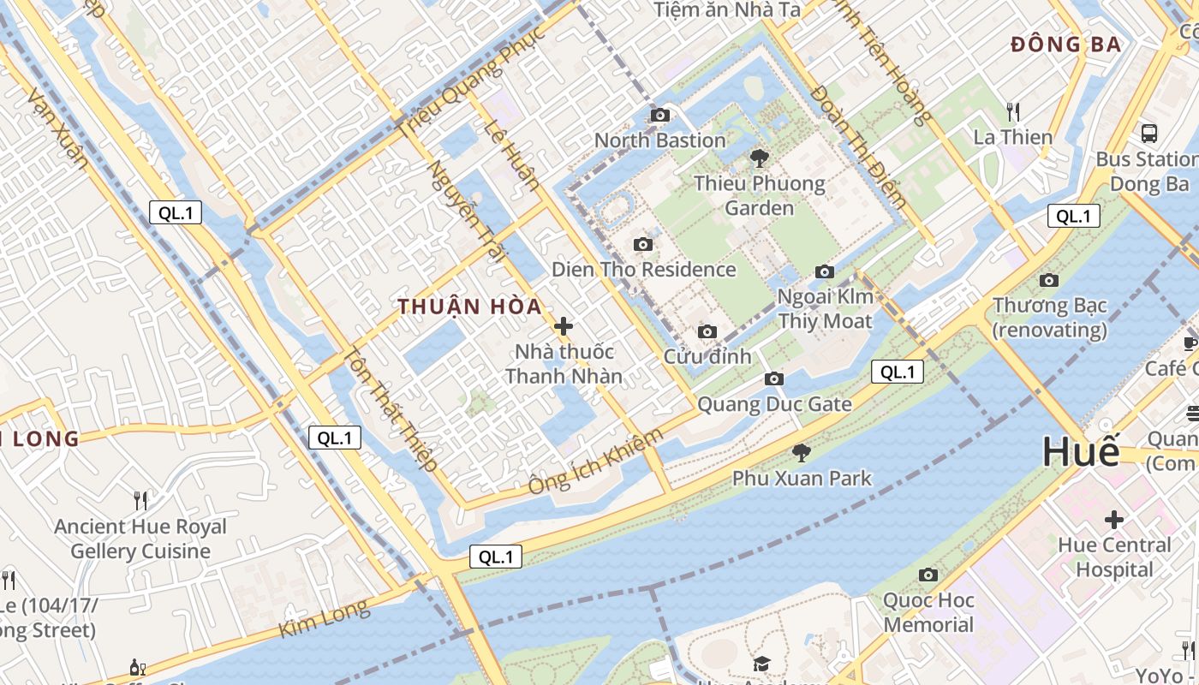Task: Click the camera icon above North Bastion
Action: tap(659, 115)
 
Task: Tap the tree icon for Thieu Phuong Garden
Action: tap(759, 158)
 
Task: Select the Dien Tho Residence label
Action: tap(643, 270)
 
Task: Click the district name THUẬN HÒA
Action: tap(469, 307)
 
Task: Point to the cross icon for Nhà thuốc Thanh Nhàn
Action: tap(564, 326)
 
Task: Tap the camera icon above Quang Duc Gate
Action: tap(774, 378)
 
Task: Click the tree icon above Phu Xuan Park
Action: tap(802, 452)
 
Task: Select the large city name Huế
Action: tap(1081, 451)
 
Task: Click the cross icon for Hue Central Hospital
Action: tap(1114, 520)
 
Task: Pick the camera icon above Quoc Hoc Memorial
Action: tap(928, 575)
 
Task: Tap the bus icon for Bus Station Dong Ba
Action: tap(1149, 134)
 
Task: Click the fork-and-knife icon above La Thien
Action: tap(1013, 111)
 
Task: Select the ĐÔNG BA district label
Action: tap(1065, 45)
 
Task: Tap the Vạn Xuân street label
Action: tap(58, 128)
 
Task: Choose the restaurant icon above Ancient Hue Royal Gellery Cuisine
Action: tap(140, 500)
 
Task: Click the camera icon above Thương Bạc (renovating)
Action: tap(1048, 280)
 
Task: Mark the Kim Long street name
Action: tap(325, 619)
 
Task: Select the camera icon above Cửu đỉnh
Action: tap(707, 331)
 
